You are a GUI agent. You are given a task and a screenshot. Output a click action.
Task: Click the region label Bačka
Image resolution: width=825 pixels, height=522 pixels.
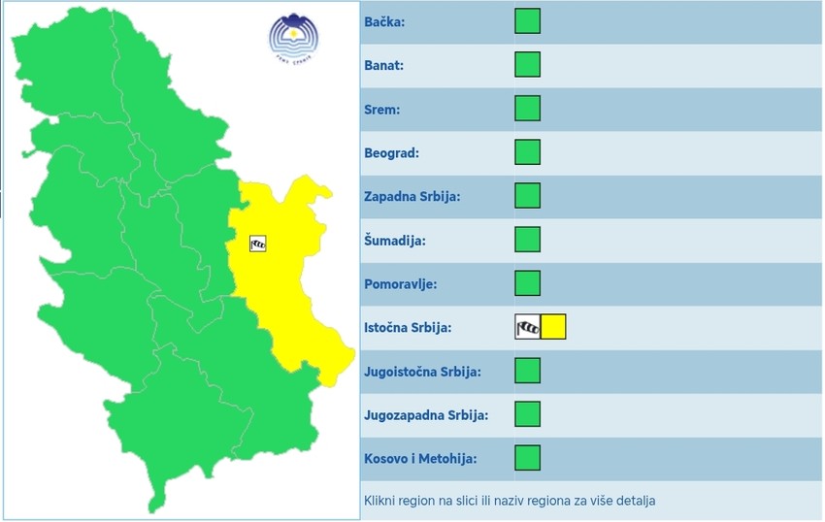tap(384, 22)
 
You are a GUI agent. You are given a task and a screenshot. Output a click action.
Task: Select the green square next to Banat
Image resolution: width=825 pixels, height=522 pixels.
tap(527, 65)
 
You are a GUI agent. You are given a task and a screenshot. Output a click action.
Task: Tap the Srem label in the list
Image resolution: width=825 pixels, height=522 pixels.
tap(382, 110)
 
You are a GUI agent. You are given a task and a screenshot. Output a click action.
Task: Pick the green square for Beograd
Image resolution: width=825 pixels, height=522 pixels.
tap(527, 152)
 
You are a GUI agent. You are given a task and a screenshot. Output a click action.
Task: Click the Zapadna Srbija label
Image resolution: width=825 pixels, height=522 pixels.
tap(412, 197)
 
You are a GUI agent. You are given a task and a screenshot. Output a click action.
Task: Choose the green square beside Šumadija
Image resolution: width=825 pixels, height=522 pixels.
tap(527, 240)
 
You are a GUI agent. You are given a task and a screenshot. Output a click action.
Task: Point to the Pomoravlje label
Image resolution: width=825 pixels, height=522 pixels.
tap(400, 284)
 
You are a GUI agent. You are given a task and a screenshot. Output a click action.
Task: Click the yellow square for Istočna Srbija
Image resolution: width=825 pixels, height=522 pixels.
tap(553, 327)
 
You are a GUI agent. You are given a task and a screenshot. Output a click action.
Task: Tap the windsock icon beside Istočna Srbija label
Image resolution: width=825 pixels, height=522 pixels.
tap(527, 327)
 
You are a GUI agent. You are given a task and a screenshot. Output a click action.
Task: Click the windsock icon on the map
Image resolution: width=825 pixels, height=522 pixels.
tap(257, 244)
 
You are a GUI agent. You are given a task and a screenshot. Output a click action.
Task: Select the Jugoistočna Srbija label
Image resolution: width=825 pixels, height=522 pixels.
tap(422, 372)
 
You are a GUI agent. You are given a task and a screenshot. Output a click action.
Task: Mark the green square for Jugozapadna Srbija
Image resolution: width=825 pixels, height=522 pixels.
tap(527, 414)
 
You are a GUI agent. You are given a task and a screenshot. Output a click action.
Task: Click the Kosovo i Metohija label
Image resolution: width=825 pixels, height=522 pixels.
tap(420, 459)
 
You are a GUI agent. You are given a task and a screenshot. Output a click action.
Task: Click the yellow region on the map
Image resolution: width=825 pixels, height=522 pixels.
tap(291, 281)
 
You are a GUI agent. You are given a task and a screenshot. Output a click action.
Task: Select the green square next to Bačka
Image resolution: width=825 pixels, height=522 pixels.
tap(527, 21)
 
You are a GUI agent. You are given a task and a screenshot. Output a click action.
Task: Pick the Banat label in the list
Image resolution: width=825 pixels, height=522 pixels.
tap(383, 66)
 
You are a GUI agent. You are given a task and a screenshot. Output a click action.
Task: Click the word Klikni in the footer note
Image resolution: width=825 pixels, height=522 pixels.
tap(380, 501)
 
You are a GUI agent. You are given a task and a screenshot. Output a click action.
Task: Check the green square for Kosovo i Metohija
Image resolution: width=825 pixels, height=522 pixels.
tap(527, 458)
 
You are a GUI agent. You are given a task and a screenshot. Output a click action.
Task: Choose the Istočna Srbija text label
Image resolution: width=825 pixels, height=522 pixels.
tap(408, 328)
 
